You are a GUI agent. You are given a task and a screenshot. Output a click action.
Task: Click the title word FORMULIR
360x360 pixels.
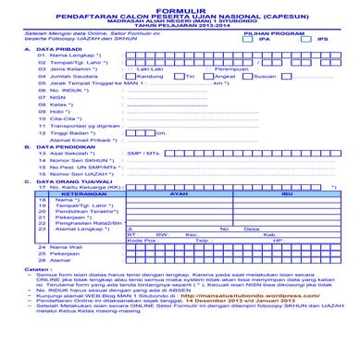pyautogui.click(x=180, y=7)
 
